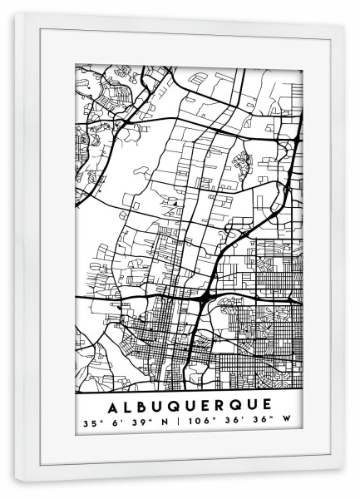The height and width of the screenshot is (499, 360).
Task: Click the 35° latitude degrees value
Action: pos(89,423)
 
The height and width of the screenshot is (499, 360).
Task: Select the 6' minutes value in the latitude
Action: pos(115,423)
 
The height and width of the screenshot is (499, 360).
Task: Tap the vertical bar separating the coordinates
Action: pos(177,423)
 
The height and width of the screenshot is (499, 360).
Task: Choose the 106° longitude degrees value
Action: pos(200,423)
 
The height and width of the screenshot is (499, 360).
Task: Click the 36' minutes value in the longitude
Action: pos(234,423)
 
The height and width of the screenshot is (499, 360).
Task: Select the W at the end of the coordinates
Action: pos(288,423)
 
